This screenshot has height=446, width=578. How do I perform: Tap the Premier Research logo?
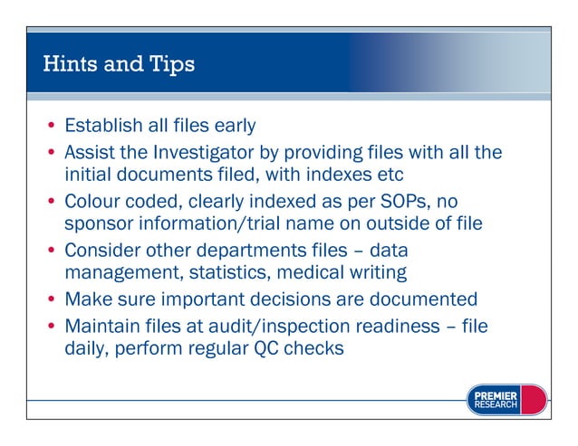coord(506,400)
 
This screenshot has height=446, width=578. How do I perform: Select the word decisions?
coord(312,299)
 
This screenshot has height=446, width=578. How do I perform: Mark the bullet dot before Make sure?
coord(53,299)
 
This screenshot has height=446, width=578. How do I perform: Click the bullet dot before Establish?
coord(53,126)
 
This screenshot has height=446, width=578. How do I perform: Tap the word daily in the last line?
coord(87,348)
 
